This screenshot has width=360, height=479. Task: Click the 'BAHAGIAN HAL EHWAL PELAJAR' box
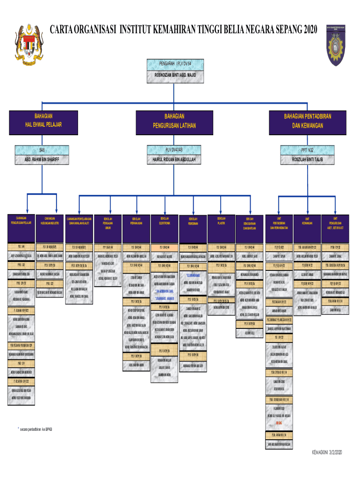point(43,120)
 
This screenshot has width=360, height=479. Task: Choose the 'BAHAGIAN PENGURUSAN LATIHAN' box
point(174,121)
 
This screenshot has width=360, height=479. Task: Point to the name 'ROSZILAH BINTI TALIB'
point(307,160)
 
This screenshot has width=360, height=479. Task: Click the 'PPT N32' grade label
point(307,150)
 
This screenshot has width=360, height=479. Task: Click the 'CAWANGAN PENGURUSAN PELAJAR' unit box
point(27,221)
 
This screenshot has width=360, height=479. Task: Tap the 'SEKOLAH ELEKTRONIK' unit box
point(165,221)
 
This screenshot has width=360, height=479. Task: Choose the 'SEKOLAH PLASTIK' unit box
point(221,221)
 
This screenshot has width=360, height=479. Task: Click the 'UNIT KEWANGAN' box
point(307,221)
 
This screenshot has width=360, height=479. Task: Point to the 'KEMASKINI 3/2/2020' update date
point(327,452)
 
